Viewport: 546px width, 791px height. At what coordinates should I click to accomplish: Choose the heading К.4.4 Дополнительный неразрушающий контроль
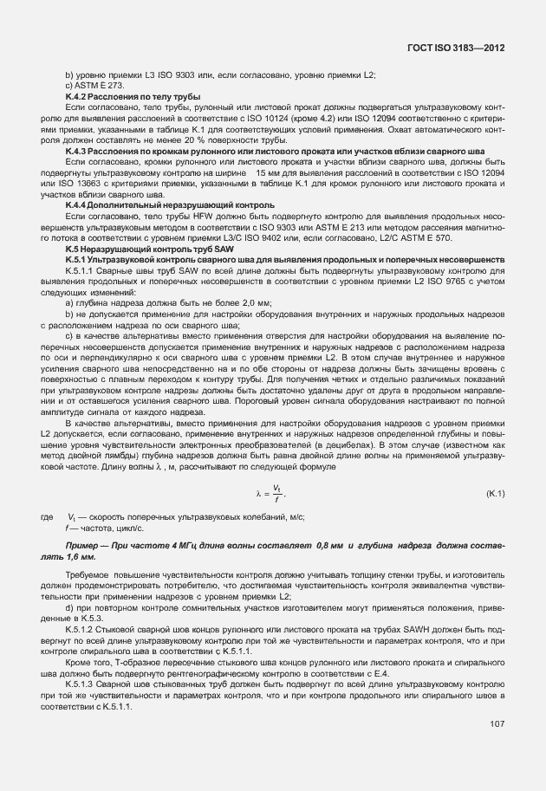click(139, 204)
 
